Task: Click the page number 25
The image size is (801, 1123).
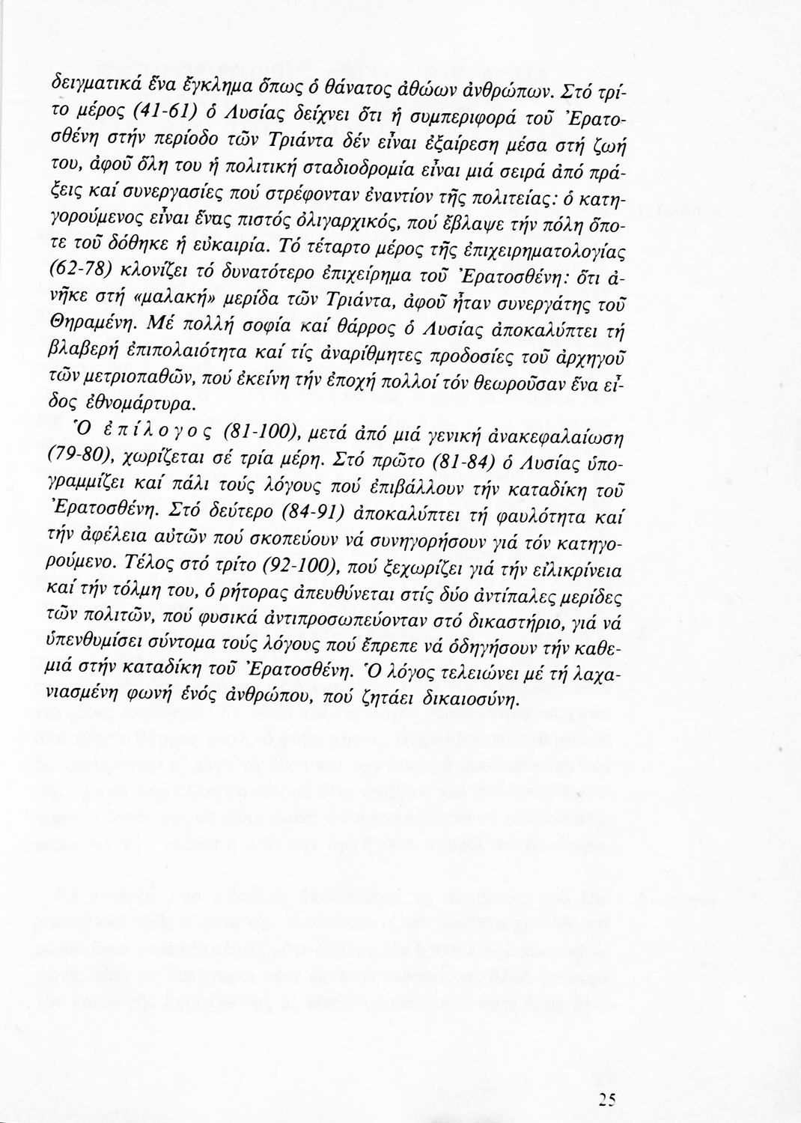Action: click(607, 1098)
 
